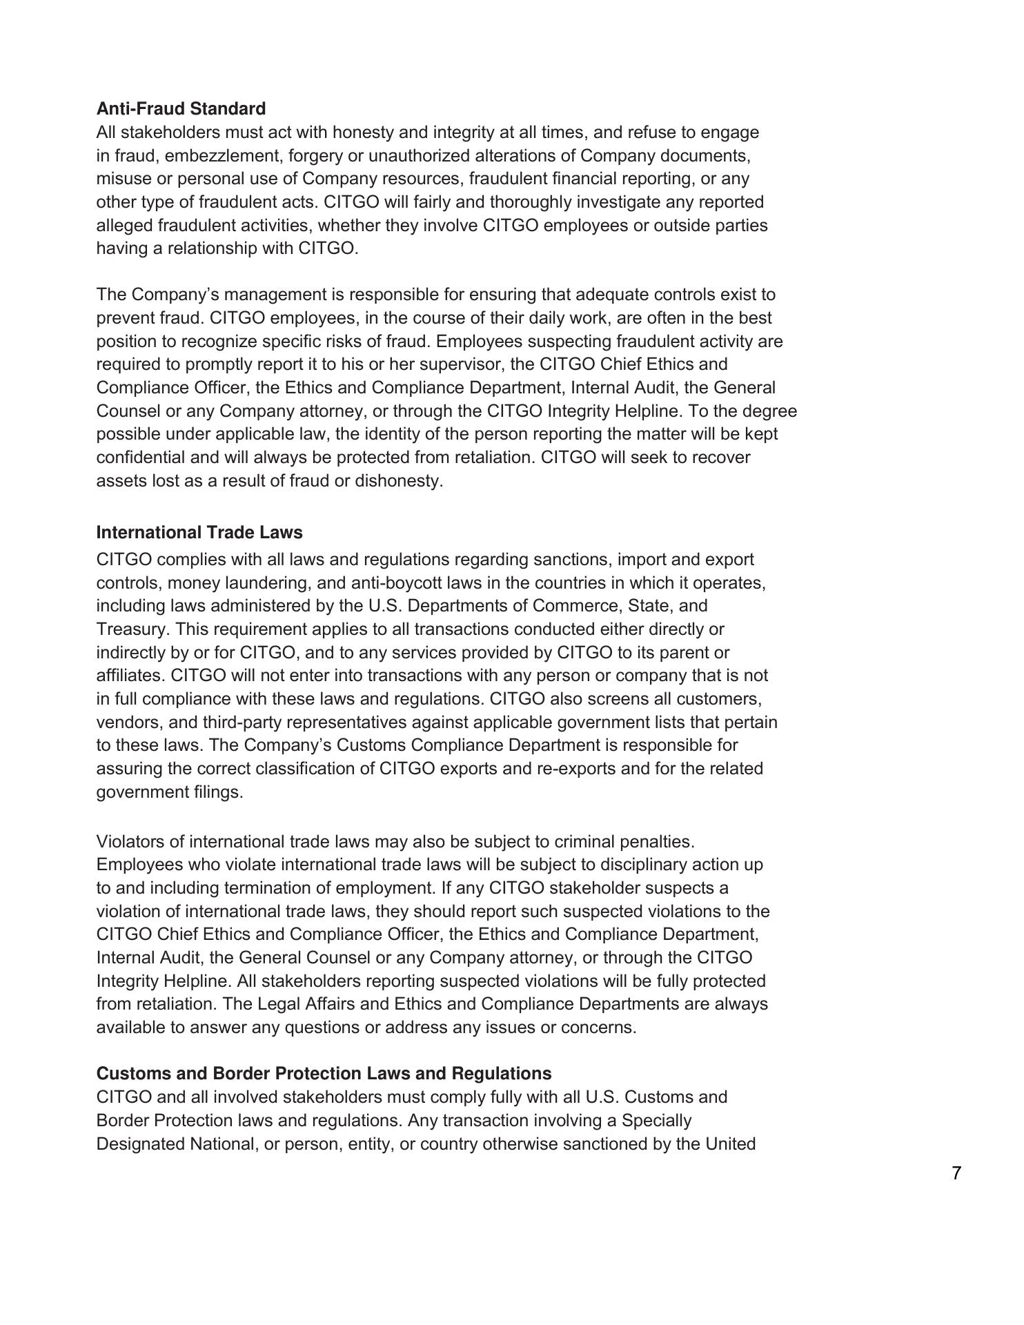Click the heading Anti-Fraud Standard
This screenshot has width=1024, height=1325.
[181, 109]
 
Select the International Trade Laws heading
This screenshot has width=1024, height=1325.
[199, 533]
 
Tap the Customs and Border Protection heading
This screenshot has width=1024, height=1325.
[324, 1074]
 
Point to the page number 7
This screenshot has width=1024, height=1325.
[956, 1173]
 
